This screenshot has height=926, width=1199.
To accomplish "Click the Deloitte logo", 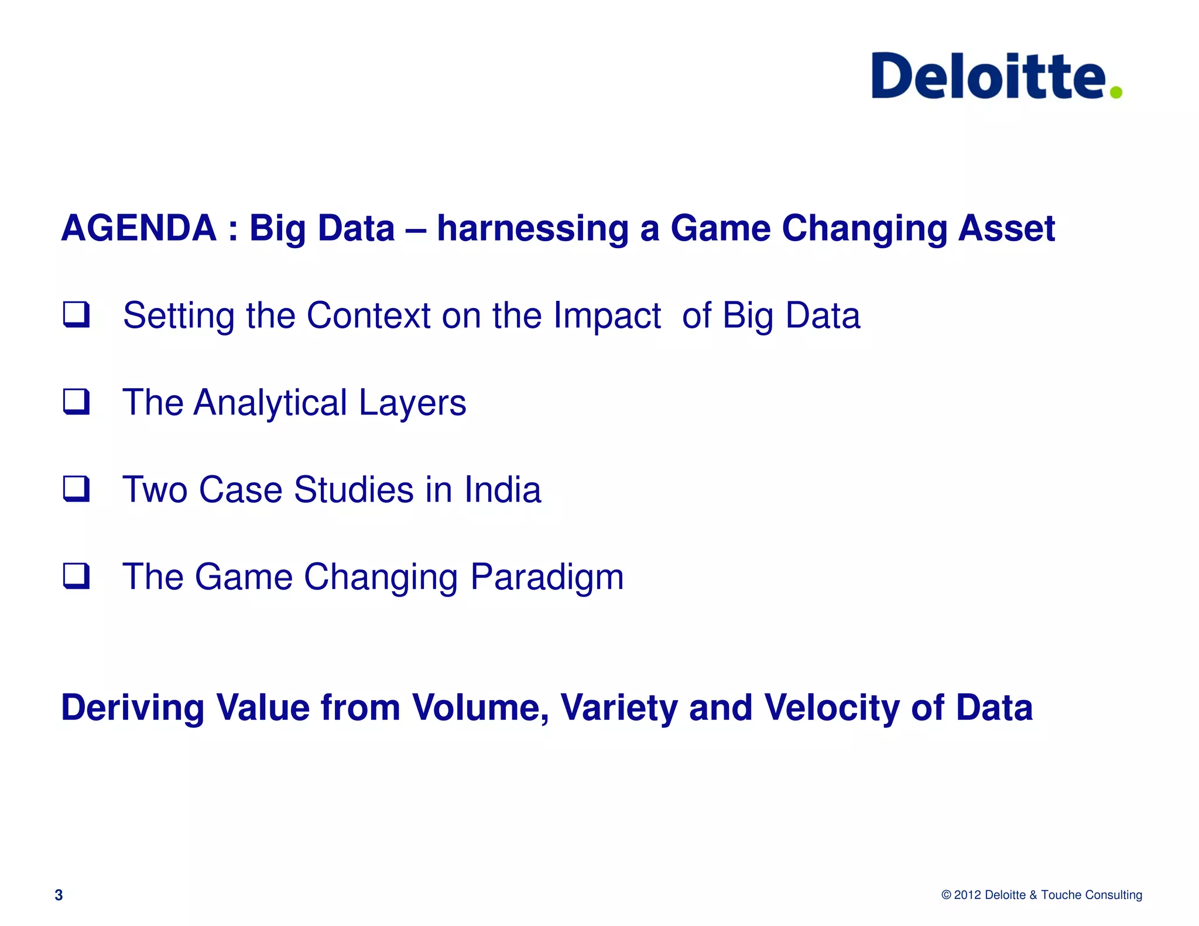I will click(x=989, y=76).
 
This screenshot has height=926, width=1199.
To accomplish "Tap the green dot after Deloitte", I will click(x=1116, y=92).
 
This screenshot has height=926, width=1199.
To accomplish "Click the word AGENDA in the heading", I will click(x=139, y=228).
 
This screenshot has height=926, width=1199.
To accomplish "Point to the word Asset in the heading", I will click(x=1006, y=228).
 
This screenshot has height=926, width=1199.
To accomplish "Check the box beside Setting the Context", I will click(x=77, y=314).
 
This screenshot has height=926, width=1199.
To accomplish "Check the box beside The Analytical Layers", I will click(x=77, y=402).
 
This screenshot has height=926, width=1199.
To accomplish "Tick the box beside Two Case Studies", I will click(x=77, y=489).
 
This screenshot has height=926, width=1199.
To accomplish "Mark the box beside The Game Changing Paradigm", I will click(x=77, y=576).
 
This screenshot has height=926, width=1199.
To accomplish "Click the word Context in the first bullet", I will click(x=369, y=315).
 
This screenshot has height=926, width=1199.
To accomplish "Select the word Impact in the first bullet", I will click(x=607, y=317).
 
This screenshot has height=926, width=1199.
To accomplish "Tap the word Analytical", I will click(x=270, y=403).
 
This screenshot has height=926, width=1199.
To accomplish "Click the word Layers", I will click(x=412, y=403).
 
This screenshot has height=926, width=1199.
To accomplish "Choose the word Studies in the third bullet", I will click(x=354, y=489).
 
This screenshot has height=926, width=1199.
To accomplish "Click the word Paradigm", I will click(x=547, y=578).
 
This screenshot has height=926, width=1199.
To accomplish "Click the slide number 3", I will click(x=59, y=895).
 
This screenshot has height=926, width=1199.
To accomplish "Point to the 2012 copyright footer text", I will click(x=1042, y=895).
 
